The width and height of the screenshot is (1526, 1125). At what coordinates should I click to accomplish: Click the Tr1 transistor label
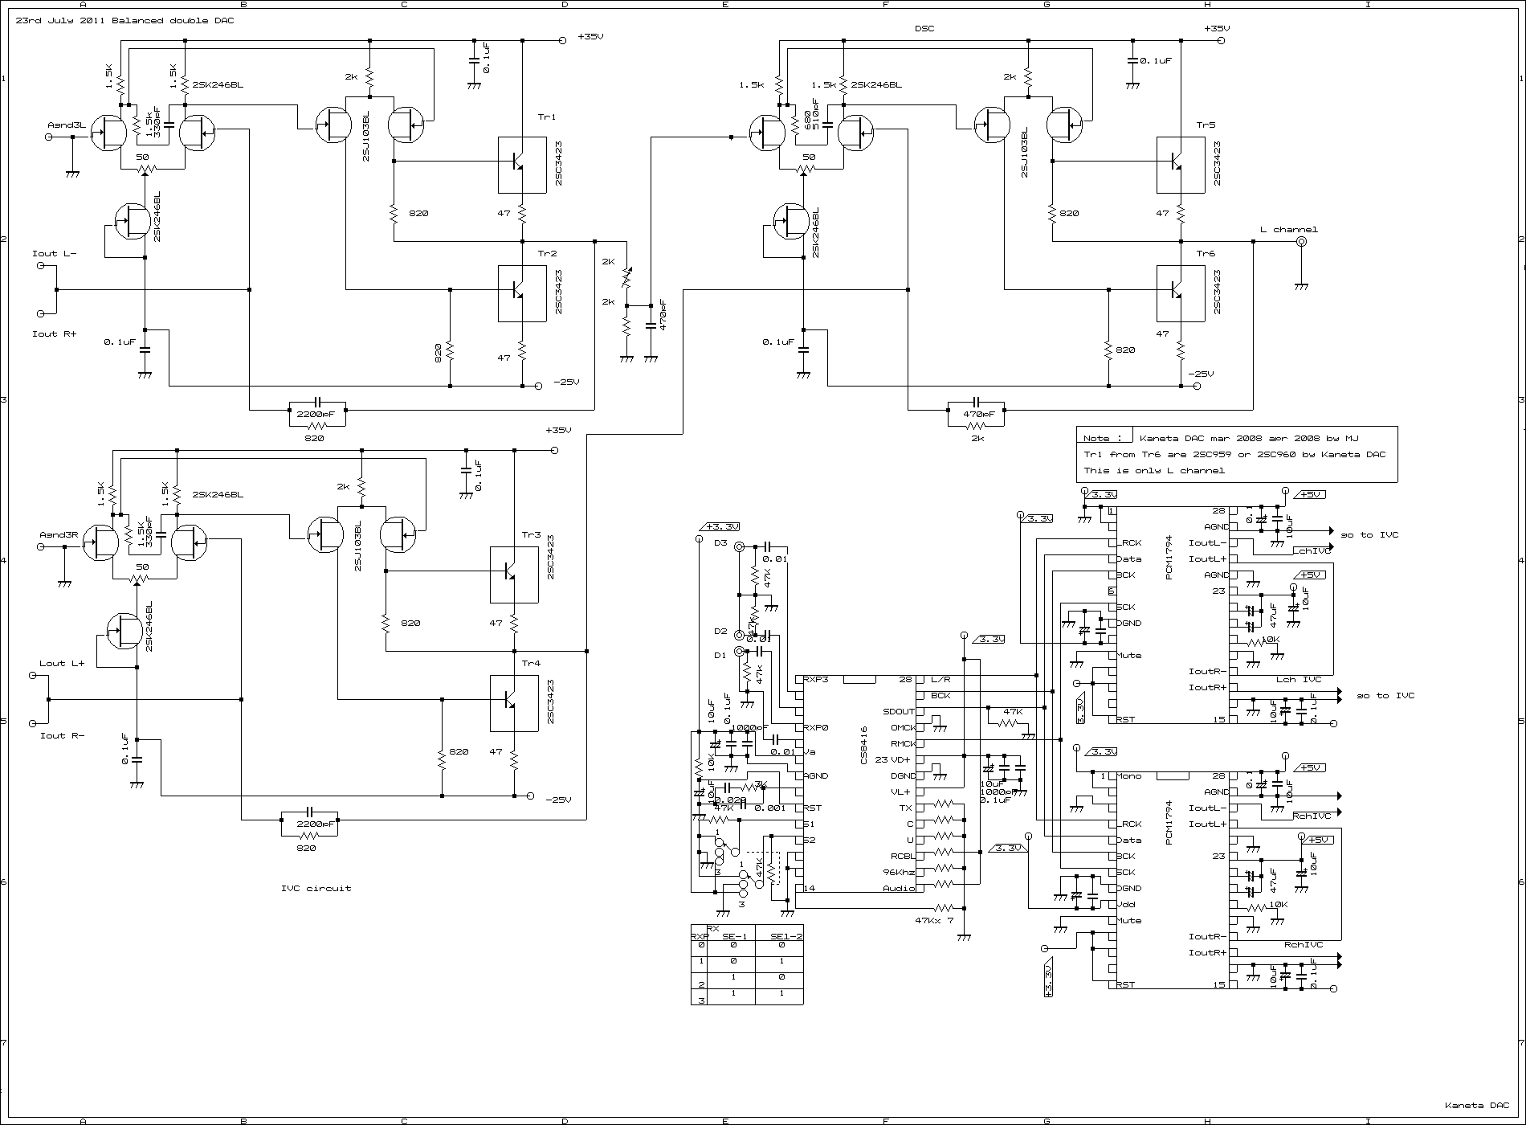point(546,117)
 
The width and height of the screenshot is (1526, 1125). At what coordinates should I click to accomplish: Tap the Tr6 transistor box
point(1180,293)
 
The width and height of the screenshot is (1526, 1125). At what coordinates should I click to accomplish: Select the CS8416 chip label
point(864,746)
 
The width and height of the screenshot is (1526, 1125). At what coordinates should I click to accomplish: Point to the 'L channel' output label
point(1288,230)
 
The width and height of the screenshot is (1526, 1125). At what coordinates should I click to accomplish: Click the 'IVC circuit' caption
point(316,888)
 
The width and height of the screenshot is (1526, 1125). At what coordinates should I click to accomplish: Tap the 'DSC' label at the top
point(924,29)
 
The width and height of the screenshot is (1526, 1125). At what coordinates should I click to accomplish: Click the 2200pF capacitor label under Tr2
point(316,414)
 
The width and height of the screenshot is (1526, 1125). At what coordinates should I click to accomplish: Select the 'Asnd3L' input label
point(65,125)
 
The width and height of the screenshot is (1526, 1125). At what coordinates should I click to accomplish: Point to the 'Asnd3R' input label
point(58,535)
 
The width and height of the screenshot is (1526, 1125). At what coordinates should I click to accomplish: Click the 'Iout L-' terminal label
point(54,254)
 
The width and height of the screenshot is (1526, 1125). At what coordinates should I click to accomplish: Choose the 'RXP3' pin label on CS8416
point(817,680)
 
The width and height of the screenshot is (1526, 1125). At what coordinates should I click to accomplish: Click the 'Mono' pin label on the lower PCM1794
point(1128,776)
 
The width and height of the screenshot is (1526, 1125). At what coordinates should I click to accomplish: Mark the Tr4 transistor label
point(531,664)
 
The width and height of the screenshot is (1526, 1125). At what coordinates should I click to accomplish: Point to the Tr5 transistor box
point(1180,165)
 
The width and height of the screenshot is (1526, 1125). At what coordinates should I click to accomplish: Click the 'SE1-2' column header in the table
point(786,936)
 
